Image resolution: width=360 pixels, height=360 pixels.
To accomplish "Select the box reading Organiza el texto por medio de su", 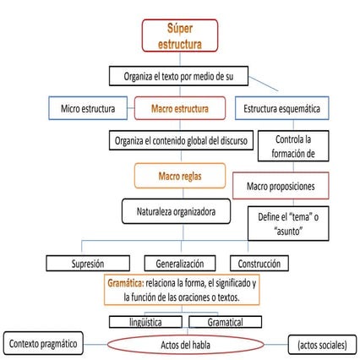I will pos(179,76).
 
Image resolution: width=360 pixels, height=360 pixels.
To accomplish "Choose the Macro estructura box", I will pos(179,108).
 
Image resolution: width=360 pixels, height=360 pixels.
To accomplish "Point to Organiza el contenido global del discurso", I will pos(179,141).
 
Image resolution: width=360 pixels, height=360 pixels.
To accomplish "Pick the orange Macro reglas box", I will pos(179,177).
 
